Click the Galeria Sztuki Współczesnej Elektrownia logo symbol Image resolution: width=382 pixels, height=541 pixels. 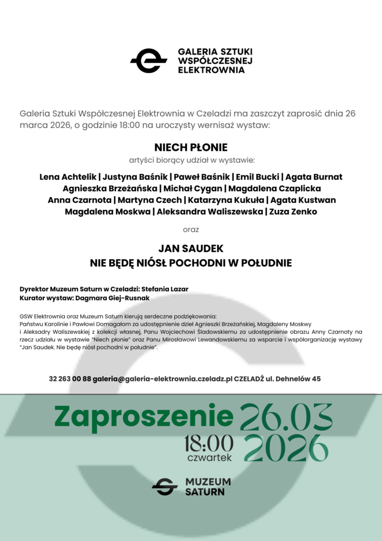(148, 60)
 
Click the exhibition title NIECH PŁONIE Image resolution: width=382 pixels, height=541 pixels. (190, 147)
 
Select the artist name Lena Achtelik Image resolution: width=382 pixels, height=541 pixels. (68, 176)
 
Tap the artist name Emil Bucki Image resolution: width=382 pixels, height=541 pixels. (257, 176)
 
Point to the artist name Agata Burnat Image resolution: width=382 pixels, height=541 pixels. (314, 176)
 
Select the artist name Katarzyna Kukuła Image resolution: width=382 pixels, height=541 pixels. (225, 200)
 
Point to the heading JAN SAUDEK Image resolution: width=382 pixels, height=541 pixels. (190, 248)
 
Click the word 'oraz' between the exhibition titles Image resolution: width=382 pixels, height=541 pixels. (190, 230)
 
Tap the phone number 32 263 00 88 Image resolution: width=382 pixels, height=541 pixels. (70, 379)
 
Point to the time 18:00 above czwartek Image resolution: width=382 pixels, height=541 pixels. (208, 443)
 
